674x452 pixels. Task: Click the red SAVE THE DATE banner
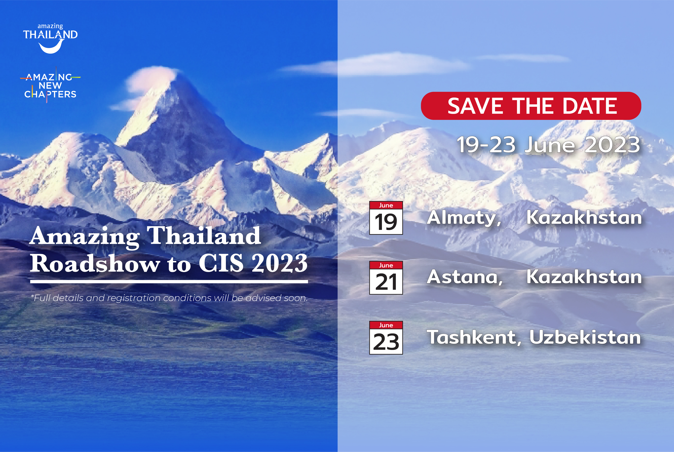(x=531, y=106)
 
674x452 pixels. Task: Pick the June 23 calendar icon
(x=386, y=338)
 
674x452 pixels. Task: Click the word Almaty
(x=464, y=218)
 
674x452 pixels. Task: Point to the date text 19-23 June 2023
(x=548, y=145)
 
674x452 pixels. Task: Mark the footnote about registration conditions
(x=169, y=298)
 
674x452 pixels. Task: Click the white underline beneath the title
(x=169, y=281)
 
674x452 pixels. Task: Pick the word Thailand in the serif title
(x=204, y=236)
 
